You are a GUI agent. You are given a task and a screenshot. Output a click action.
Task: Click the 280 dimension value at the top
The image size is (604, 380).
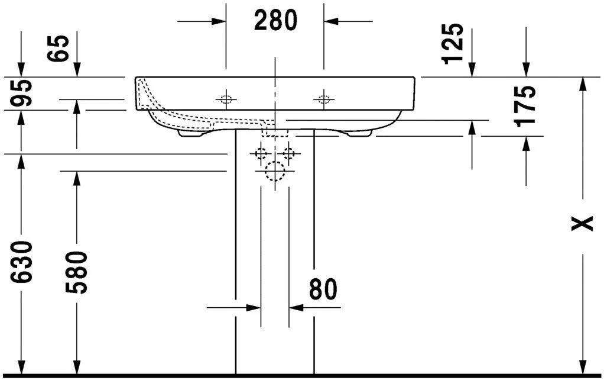(275, 21)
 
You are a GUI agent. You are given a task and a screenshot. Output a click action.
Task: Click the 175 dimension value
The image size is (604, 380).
(525, 106)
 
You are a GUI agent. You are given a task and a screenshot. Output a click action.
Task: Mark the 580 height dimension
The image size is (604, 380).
(77, 272)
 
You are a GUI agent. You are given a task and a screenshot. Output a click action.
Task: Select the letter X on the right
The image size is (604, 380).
(584, 223)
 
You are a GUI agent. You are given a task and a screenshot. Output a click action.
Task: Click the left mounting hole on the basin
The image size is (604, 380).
(225, 99)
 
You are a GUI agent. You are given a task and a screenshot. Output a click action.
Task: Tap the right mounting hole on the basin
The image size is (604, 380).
(323, 99)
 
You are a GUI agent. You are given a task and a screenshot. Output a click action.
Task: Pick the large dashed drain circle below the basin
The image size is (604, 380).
(275, 172)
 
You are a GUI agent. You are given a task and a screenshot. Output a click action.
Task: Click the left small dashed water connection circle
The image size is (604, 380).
(261, 154)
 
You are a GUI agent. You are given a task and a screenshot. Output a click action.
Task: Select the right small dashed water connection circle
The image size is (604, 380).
(289, 154)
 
